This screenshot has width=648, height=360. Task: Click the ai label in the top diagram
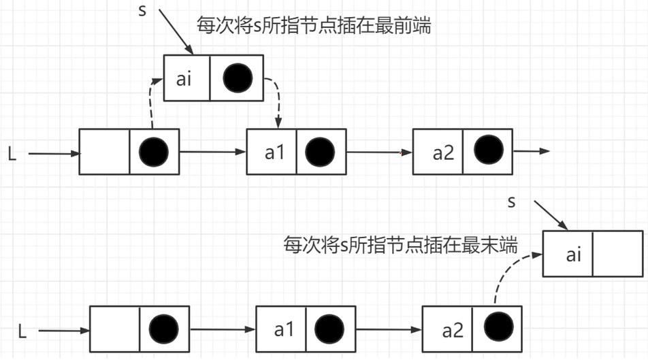[184, 78]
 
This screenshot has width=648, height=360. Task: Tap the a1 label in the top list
[274, 152]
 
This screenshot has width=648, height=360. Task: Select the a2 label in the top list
[442, 152]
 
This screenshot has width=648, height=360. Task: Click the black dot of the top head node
[154, 152]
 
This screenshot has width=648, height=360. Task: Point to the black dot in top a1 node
[320, 152]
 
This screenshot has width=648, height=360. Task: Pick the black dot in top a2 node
[488, 150]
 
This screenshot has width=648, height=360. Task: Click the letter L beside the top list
[12, 154]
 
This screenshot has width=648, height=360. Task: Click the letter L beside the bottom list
[22, 332]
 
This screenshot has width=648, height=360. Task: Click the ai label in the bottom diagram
[574, 255]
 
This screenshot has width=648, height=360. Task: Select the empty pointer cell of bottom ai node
[618, 254]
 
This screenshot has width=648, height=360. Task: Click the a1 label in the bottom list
[284, 331]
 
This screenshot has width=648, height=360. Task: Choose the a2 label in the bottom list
[452, 331]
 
